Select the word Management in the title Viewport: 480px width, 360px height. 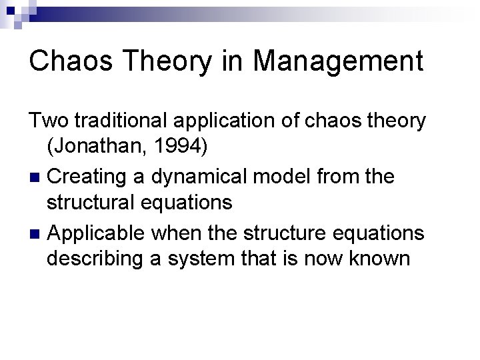click(x=338, y=61)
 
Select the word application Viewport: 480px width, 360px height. click(x=225, y=121)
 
